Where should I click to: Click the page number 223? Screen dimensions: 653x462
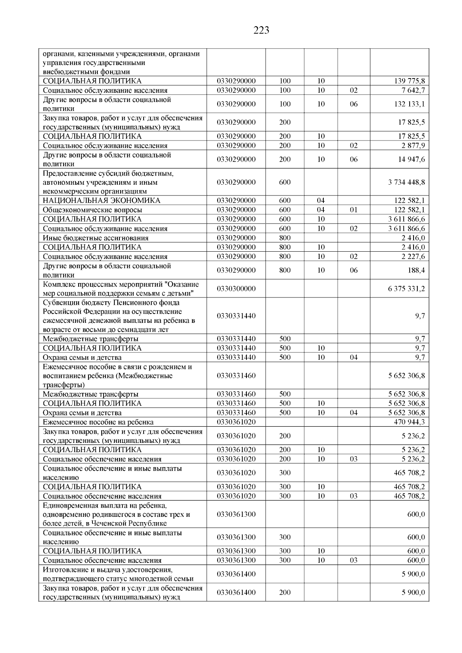[x=261, y=30]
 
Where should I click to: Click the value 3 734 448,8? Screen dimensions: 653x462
[x=407, y=182]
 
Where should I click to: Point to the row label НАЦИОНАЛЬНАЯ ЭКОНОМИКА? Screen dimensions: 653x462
[x=102, y=200]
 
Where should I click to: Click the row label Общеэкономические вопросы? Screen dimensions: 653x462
[x=92, y=210]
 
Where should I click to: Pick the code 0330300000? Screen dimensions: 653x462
[x=236, y=289]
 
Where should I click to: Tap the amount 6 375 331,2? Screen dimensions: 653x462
[x=407, y=289]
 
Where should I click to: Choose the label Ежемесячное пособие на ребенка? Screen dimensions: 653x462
[x=98, y=422]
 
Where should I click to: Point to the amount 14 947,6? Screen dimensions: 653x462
[x=412, y=160]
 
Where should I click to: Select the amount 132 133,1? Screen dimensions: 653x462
[x=409, y=104]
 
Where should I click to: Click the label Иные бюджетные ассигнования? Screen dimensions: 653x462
[x=95, y=238]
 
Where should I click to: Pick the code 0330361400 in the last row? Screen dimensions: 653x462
[x=236, y=593]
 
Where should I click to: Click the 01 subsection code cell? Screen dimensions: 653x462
[x=353, y=210]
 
